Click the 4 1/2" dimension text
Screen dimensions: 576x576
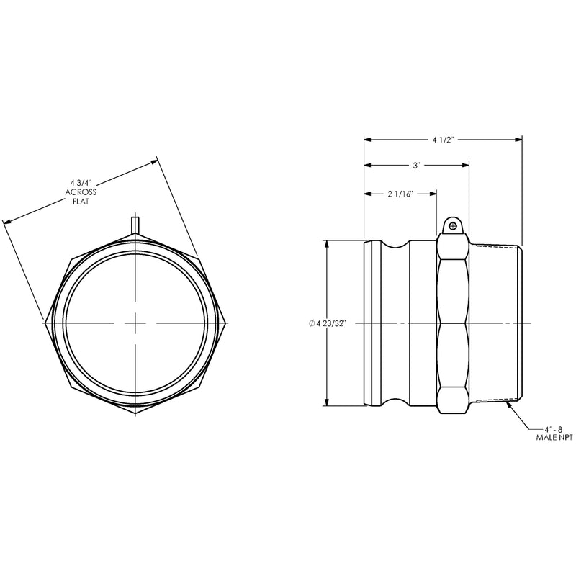tap(444, 140)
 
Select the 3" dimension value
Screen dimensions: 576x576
tap(416, 166)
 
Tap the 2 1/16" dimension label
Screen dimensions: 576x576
tap(401, 194)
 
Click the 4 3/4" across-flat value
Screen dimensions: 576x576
tap(80, 183)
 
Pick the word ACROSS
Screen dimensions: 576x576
tap(81, 192)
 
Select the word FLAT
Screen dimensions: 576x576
tap(81, 202)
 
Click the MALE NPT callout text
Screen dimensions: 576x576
tap(554, 438)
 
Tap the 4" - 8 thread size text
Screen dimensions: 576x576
tap(553, 428)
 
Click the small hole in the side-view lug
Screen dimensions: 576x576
tap(453, 225)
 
